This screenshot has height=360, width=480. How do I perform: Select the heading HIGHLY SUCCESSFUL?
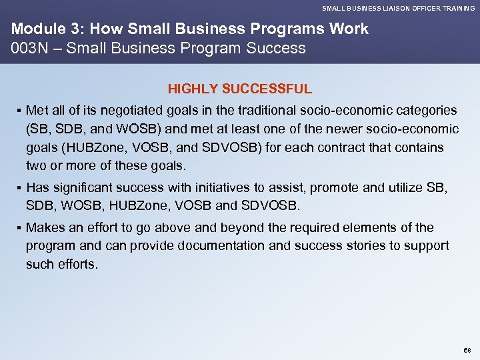coord(240,89)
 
